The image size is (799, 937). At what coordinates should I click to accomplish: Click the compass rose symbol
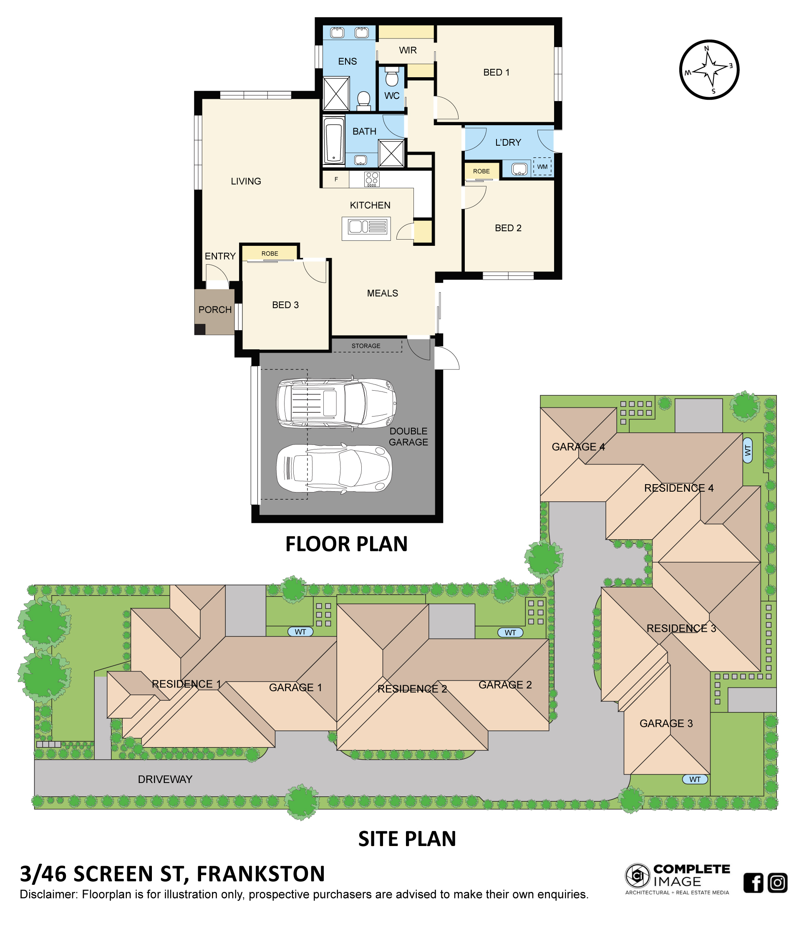coord(708,69)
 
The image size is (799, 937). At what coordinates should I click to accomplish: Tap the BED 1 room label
coord(496,72)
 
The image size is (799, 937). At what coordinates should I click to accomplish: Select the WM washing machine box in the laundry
coord(542,167)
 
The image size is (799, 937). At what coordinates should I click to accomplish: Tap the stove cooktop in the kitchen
coord(372,179)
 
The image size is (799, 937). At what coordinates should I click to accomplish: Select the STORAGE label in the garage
coord(366,346)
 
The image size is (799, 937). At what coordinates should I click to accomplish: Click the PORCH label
coord(215,310)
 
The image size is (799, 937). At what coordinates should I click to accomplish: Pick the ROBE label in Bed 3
coord(270,254)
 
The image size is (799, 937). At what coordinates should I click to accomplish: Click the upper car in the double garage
coord(336,403)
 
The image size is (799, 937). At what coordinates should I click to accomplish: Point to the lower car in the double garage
coord(334,468)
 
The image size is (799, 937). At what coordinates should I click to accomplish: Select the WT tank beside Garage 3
coord(695,779)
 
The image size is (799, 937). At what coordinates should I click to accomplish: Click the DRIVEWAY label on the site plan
coord(165,779)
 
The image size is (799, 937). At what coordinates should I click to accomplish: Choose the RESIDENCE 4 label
coord(679,488)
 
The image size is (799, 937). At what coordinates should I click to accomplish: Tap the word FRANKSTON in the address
coord(261,874)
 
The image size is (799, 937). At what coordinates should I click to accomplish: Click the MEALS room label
coord(383,293)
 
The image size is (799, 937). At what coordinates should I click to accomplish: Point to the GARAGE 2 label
coord(505,684)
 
